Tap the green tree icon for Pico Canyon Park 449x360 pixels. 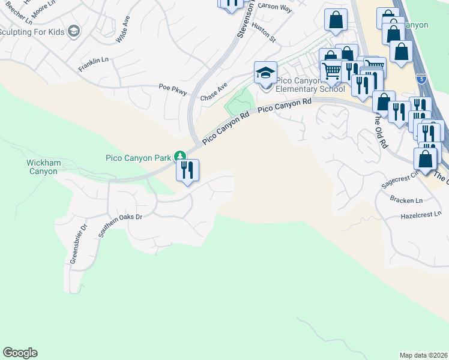pos(179,157)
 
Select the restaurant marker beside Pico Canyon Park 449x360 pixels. pos(187,170)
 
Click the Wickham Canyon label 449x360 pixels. pos(42,167)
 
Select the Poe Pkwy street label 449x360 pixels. pos(173,88)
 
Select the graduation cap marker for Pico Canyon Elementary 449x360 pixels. pos(265,73)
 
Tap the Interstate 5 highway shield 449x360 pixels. pos(421,78)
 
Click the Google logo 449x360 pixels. pos(20,353)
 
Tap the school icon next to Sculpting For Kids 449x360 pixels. pos(74,31)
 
